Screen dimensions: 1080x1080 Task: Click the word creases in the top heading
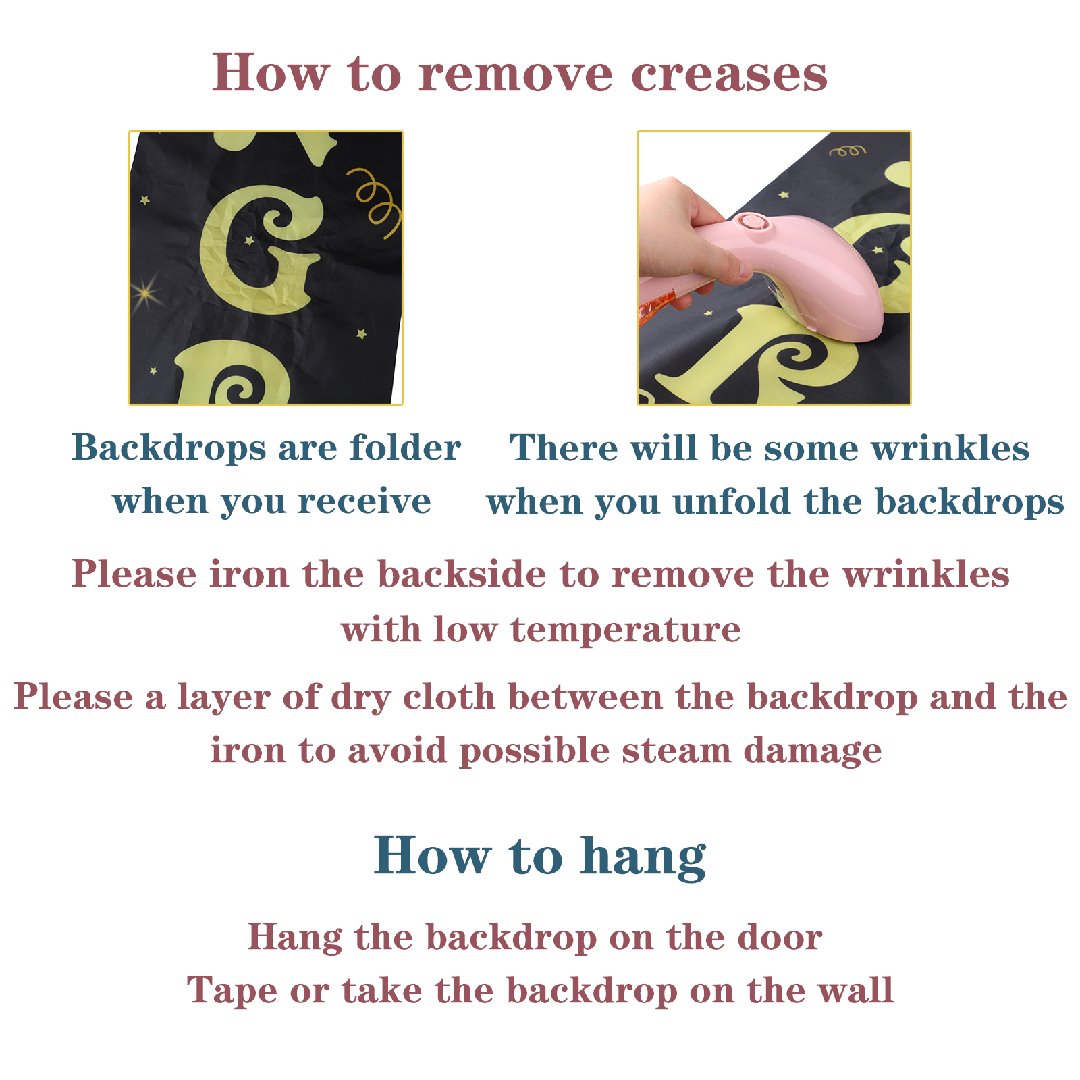point(729,74)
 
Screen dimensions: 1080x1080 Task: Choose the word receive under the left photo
point(364,502)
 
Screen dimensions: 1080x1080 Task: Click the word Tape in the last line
point(232,992)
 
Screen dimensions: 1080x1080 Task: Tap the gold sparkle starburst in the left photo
point(146,292)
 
